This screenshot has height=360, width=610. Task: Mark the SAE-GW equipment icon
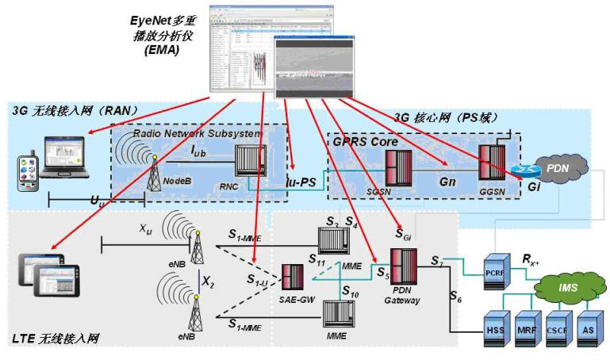[x=293, y=277]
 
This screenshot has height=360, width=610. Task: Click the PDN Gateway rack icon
[x=402, y=266]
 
